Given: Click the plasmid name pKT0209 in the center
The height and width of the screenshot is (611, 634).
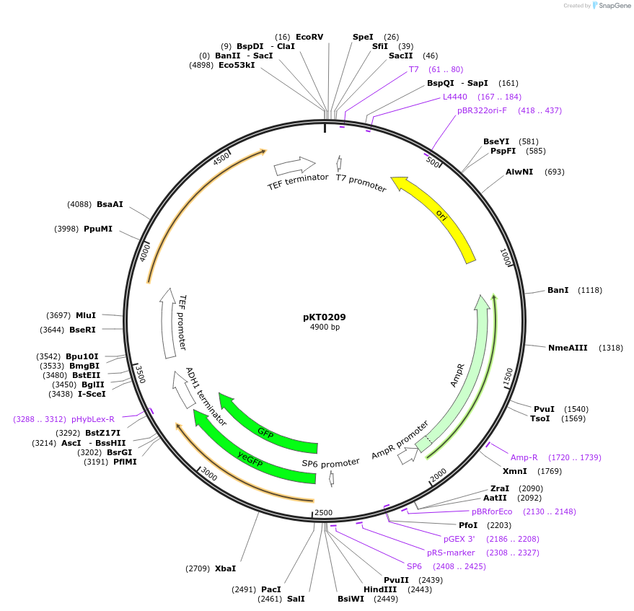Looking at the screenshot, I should pyautogui.click(x=324, y=317).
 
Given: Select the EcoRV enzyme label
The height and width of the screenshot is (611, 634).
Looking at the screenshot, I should pyautogui.click(x=309, y=37).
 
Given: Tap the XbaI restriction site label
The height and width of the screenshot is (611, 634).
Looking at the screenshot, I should pyautogui.click(x=225, y=568).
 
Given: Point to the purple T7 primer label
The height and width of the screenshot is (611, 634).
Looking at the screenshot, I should pyautogui.click(x=414, y=69).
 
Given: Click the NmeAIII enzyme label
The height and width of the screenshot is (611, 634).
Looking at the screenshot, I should pyautogui.click(x=565, y=348).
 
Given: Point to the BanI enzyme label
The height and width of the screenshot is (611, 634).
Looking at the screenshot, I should pyautogui.click(x=558, y=290).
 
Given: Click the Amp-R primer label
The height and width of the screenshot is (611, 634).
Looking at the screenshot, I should pyautogui.click(x=524, y=457).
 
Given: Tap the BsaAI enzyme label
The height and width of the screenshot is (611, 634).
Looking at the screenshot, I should pyautogui.click(x=110, y=204).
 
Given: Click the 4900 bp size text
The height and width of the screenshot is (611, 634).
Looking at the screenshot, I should pyautogui.click(x=325, y=328).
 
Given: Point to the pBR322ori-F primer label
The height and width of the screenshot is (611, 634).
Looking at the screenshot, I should pyautogui.click(x=482, y=110).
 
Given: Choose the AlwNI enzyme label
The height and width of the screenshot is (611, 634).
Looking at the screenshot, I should pyautogui.click(x=519, y=172).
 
